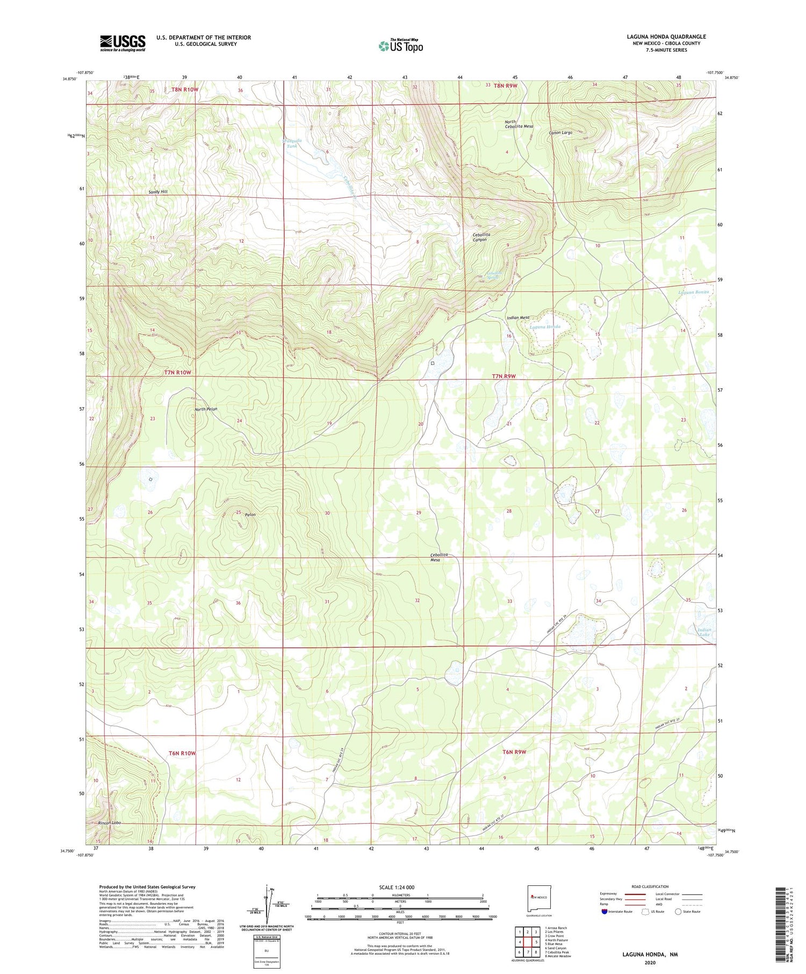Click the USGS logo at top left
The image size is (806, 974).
[x=123, y=43]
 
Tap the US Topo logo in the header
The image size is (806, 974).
[x=400, y=46]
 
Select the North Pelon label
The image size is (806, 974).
[x=206, y=409]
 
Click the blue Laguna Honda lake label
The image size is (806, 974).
[x=545, y=327]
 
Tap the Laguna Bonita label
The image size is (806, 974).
[x=694, y=292]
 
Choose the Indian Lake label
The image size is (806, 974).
[x=704, y=632]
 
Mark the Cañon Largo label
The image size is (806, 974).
[x=560, y=132]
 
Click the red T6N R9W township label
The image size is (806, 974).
[x=514, y=752]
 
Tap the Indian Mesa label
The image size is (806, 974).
[x=518, y=318]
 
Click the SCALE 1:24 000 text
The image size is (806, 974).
[x=400, y=887]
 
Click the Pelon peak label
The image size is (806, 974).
[x=250, y=515]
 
